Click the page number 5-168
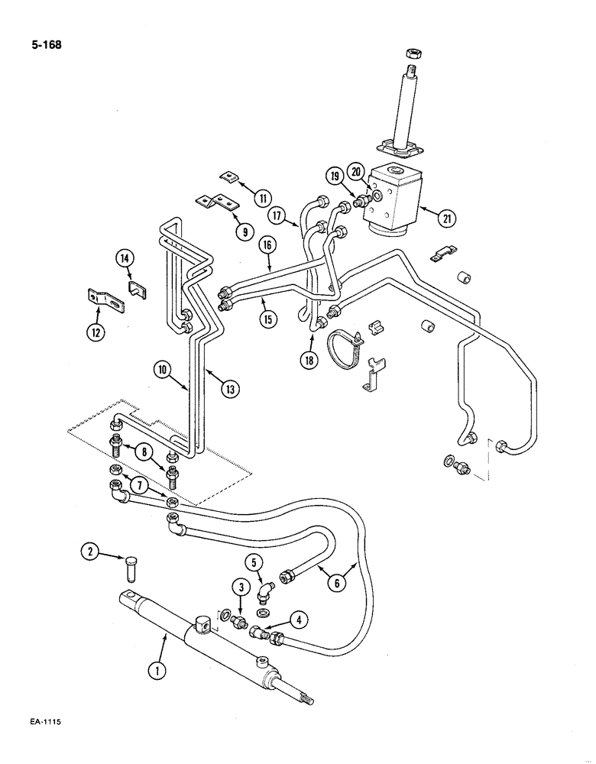[42, 44]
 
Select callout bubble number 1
[156, 672]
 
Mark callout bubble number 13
[228, 389]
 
